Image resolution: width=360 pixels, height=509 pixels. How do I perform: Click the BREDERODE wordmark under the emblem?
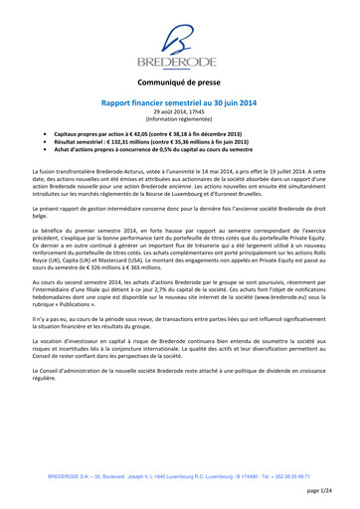[x=179, y=68]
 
